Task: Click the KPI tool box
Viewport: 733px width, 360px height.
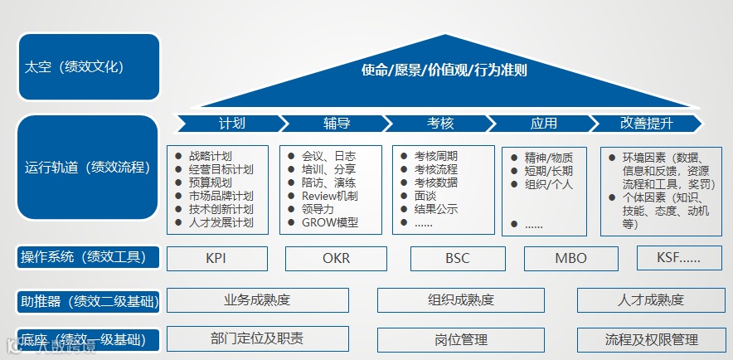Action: coord(216,259)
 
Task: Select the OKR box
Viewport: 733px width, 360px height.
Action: coord(336,259)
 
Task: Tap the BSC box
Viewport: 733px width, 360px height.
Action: coord(458,259)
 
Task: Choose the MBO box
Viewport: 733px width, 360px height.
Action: coord(570,259)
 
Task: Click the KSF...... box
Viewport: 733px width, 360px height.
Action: coord(679,258)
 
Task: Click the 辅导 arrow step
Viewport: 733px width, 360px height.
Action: coord(337,124)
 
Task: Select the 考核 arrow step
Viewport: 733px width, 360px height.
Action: coord(440,124)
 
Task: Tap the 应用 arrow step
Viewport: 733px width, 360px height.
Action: coord(544,124)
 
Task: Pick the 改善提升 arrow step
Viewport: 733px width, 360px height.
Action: coord(647,124)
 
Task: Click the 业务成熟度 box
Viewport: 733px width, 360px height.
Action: coord(257,300)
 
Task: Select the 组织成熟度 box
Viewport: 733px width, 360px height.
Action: coord(460,300)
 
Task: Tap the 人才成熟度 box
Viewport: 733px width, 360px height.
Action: coord(650,300)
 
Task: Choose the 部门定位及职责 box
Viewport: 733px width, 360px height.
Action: coord(257,339)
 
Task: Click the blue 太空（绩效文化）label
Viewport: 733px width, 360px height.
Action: coord(87,66)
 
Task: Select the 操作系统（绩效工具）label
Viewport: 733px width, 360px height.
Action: coord(87,258)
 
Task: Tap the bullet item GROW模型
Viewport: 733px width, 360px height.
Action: coord(329,222)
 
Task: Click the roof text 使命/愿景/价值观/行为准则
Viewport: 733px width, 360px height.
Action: coord(444,71)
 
